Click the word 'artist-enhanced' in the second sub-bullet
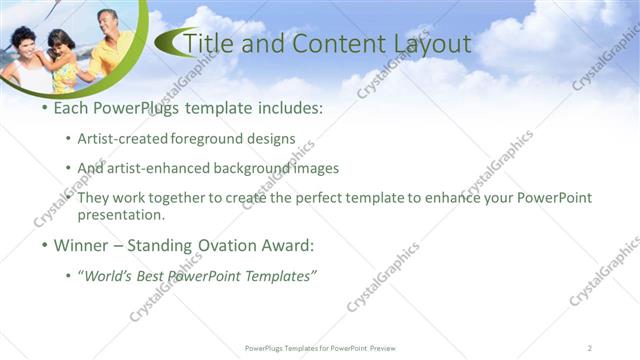(x=158, y=168)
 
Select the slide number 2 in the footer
(x=591, y=347)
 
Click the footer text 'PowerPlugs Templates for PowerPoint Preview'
(x=320, y=347)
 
